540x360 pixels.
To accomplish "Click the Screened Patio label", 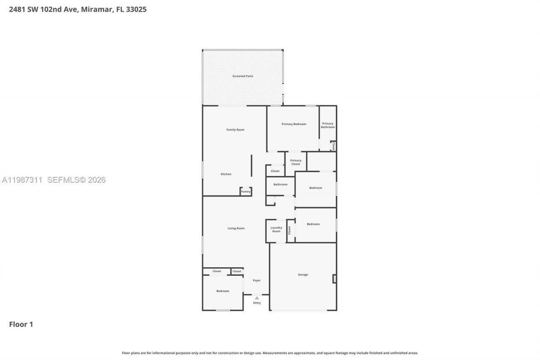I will point(243,76).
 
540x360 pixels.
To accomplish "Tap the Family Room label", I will point(235,130).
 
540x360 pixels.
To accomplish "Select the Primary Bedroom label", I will point(294,124).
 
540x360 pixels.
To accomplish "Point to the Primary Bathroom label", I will point(328,125).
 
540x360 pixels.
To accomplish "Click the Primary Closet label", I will point(296,162).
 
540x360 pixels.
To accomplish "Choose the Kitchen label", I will point(226,174).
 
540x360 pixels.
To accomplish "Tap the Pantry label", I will point(246,192).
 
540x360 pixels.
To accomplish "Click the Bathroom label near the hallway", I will point(280,184).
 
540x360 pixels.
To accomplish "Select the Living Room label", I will point(236,228).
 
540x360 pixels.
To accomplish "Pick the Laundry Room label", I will point(276,230).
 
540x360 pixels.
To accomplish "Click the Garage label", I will point(303,275).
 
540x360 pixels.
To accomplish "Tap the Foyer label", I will point(256,280).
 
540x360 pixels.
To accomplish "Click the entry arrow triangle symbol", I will point(257,298).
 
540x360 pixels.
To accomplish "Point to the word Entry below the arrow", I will point(257,303).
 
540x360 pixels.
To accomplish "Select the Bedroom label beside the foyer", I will point(223,291).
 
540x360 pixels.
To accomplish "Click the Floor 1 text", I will point(21,325).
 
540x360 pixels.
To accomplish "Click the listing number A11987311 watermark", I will point(22,180).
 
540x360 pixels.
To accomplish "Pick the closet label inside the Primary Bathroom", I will point(333,146).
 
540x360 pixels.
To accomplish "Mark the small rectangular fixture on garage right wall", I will point(334,279).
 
